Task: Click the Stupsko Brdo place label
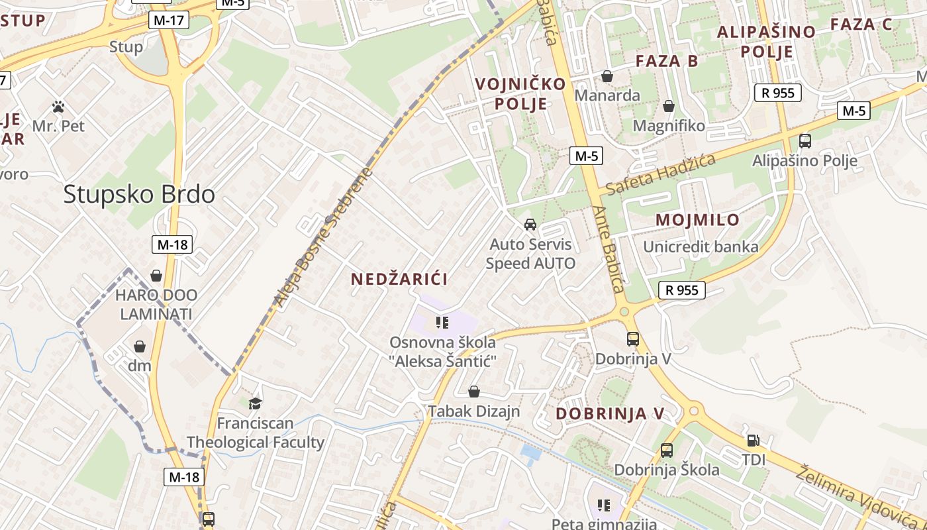(139, 194)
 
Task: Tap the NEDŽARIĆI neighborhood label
(399, 279)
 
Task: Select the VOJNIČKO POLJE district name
(521, 93)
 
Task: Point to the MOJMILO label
(697, 220)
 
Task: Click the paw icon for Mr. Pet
(58, 106)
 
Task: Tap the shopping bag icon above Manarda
(607, 76)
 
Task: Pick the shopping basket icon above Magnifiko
(669, 106)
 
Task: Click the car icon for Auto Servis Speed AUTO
(530, 225)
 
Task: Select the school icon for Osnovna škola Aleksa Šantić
(442, 323)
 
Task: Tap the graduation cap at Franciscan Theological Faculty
(255, 403)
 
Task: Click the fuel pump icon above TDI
(754, 440)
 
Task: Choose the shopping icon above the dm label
(140, 346)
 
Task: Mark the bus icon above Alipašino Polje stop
(805, 140)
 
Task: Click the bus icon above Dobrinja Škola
(667, 450)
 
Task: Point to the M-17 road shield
(169, 21)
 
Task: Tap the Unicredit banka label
(701, 247)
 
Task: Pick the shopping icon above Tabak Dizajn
(474, 392)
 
